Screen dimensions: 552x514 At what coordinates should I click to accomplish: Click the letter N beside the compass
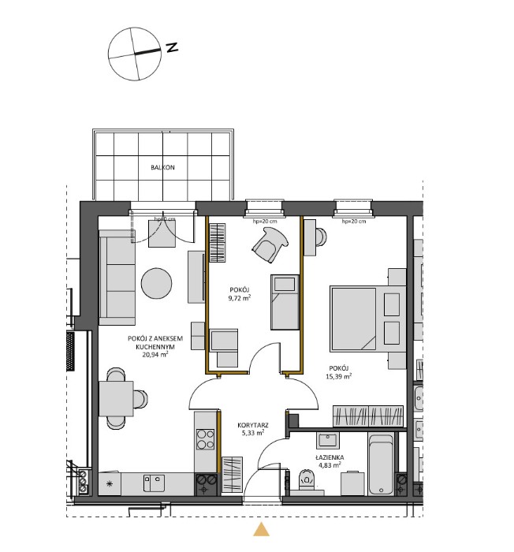[x=171, y=47]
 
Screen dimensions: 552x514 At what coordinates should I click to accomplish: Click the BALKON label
[x=162, y=168]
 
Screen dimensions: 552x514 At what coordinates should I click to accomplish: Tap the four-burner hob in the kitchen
[x=205, y=438]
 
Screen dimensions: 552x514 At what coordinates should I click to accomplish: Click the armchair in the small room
[x=269, y=244]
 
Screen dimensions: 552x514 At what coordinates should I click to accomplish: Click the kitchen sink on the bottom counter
[x=154, y=482]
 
